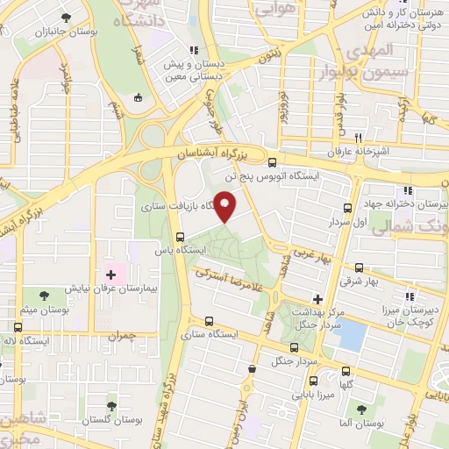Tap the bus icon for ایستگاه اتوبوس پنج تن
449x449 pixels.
[272, 162]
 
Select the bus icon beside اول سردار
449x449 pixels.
[348, 208]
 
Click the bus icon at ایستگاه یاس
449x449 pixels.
[180, 237]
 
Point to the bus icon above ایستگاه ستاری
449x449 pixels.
[209, 321]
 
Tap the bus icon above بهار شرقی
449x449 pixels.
[359, 267]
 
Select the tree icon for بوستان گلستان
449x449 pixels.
[111, 405]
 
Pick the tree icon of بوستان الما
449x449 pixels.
[360, 410]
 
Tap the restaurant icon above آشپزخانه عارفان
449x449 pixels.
[358, 139]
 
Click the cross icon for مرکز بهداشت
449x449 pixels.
[317, 299]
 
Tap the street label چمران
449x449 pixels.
[125, 335]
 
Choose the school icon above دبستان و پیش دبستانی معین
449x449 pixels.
[194, 50]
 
